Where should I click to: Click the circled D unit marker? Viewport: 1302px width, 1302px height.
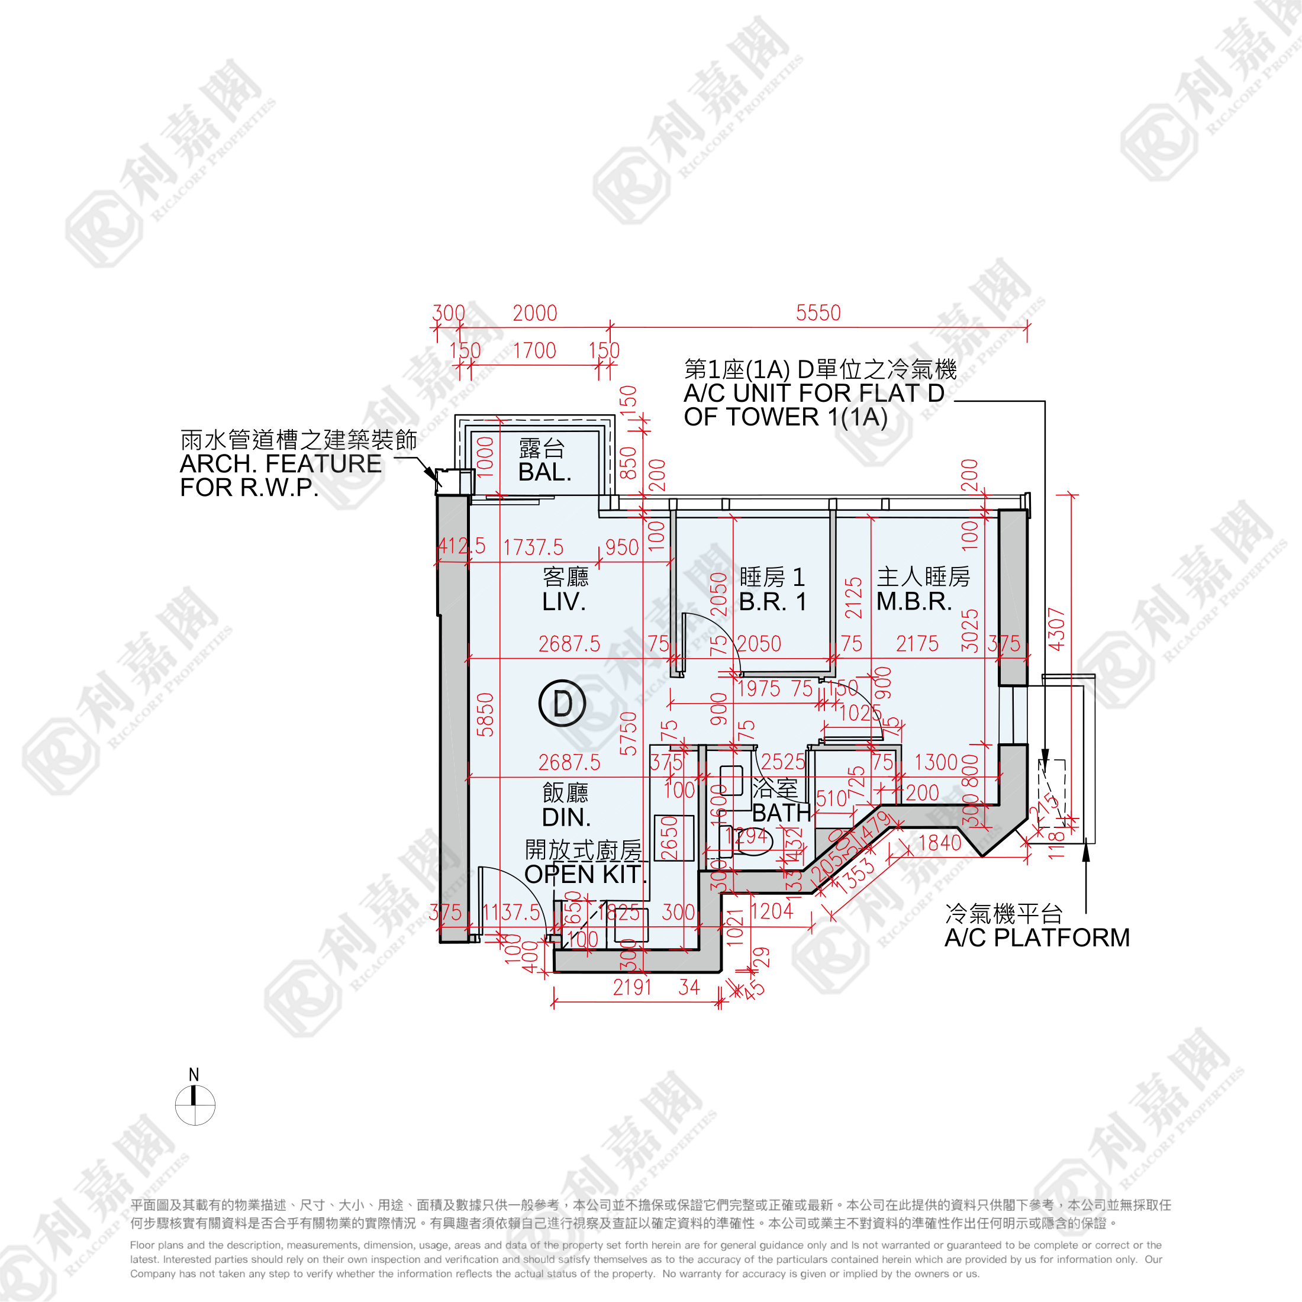(562, 703)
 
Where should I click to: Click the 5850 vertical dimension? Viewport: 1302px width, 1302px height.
(485, 714)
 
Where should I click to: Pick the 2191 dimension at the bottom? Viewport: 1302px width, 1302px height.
(632, 987)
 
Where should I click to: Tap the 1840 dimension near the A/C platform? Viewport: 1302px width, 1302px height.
(940, 842)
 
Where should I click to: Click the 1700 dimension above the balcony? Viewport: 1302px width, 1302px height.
(534, 350)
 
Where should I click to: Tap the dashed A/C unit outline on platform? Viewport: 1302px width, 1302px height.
(1053, 792)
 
